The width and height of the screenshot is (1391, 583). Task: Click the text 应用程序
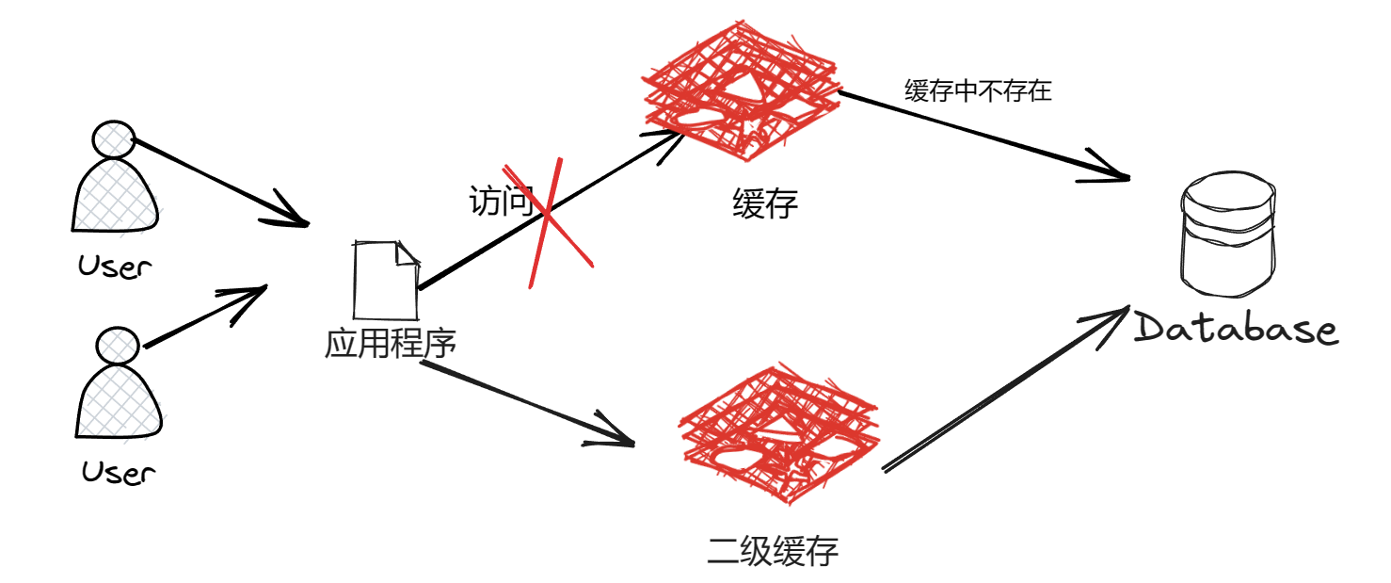(390, 344)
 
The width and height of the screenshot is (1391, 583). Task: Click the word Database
(1236, 330)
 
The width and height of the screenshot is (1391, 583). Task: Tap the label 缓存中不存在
(977, 92)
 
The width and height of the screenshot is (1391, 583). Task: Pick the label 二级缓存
(773, 551)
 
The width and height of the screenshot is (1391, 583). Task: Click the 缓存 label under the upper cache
(765, 204)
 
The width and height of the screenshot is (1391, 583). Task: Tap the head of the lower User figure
(119, 346)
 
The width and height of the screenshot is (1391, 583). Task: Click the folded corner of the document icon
(407, 253)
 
